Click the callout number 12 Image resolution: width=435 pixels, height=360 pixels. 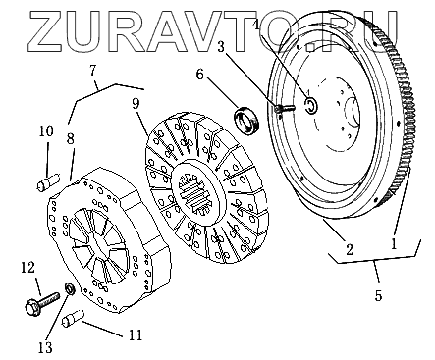point(28,268)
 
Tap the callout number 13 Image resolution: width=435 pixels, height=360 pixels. point(45,347)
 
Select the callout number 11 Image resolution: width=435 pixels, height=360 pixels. point(136,334)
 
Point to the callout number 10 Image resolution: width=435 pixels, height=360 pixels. point(46,131)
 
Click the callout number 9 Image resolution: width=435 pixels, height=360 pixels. point(136,104)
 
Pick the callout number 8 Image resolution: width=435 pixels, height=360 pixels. point(71,138)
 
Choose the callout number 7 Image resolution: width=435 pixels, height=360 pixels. point(93,70)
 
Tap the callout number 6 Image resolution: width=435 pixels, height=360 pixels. point(199,75)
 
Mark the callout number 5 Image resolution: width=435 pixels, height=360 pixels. point(378,295)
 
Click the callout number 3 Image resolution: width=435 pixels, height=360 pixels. point(221,47)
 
